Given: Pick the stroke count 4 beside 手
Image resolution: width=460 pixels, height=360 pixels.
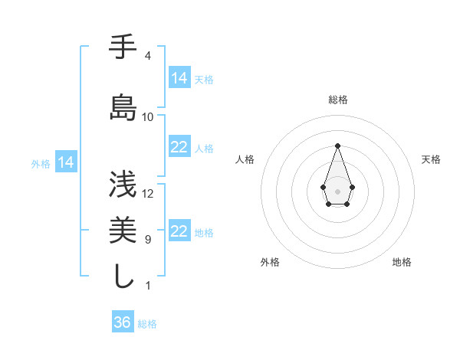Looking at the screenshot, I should coord(147,56).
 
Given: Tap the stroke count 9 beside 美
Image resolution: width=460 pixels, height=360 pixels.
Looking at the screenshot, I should coord(147,240).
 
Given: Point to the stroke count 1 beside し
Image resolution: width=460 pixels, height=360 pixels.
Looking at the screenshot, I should coord(147,286).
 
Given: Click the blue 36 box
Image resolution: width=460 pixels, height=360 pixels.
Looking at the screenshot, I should coord(122,322).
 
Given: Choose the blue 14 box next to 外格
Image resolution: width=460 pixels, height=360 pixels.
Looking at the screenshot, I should coord(66,162).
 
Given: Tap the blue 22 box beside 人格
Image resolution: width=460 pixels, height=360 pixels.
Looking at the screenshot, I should coord(179,147).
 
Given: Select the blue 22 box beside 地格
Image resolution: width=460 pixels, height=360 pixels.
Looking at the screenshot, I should coord(179,231).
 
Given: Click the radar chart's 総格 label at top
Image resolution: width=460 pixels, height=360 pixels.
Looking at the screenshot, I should coord(338,100).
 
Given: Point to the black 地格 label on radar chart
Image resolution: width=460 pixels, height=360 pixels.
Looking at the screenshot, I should coord(402,262).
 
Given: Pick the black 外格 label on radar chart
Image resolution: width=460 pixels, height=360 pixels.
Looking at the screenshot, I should coord(270,262).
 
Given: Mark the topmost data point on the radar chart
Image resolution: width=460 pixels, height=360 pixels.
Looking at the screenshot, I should coord(337,146).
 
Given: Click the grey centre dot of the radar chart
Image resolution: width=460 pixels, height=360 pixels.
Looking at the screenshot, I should coord(337,191).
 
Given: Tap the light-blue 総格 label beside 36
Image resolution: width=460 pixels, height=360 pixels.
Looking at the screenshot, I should coord(147,324).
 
